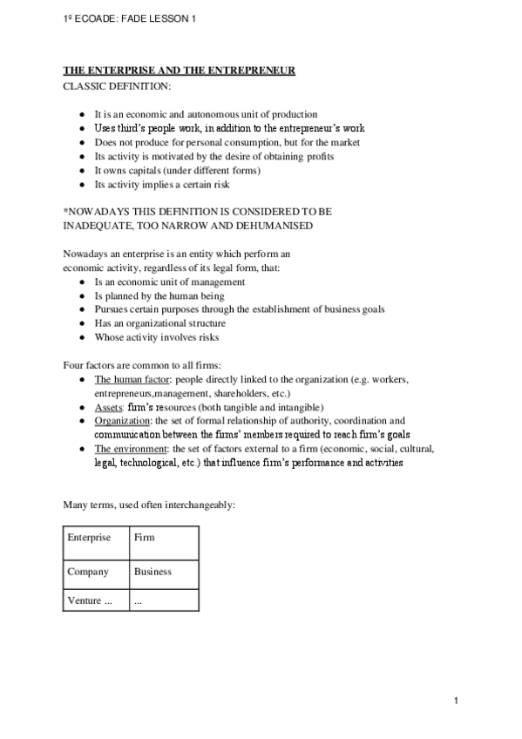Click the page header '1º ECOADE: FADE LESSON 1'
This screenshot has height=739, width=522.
click(x=119, y=19)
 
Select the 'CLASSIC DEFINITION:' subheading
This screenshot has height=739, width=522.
click(x=117, y=86)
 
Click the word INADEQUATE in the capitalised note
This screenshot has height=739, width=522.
click(x=100, y=226)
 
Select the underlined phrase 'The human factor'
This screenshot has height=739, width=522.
click(x=128, y=380)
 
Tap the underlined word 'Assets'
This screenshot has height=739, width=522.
click(x=107, y=407)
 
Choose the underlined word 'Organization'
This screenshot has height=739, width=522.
click(x=121, y=420)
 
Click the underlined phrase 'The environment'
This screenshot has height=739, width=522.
click(x=127, y=449)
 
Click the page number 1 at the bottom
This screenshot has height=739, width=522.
click(x=456, y=701)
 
